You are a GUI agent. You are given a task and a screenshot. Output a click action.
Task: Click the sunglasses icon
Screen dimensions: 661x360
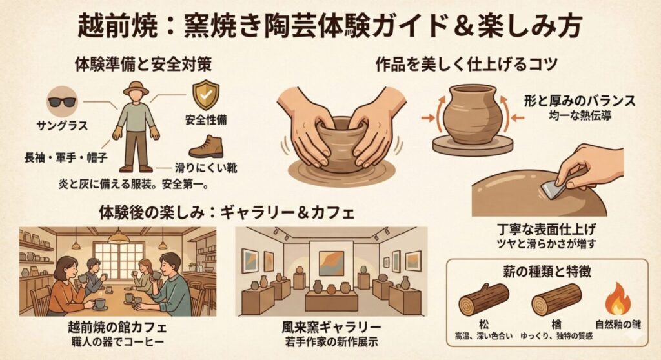coord(63,102)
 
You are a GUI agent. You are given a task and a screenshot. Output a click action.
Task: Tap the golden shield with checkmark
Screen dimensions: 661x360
coord(206,95)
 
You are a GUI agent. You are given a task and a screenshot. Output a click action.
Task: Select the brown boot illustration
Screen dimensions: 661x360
coord(206,147)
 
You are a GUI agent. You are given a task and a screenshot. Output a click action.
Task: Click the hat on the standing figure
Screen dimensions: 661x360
coord(136,88)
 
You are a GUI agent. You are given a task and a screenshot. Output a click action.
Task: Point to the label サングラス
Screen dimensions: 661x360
coord(63,125)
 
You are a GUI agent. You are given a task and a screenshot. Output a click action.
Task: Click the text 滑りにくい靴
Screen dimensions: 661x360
coord(206,168)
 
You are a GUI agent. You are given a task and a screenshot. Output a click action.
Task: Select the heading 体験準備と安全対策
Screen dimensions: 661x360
coord(143,65)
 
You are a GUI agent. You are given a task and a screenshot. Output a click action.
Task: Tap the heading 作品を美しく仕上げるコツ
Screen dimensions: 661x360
coord(467,65)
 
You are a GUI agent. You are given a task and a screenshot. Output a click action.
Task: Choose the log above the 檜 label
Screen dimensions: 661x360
coord(556,300)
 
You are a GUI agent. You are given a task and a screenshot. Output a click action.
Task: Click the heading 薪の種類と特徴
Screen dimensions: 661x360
coord(547,272)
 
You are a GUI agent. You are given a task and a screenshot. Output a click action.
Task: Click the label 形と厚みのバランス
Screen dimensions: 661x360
coord(580,101)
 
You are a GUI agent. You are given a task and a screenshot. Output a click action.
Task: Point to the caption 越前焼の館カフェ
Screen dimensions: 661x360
coord(117,326)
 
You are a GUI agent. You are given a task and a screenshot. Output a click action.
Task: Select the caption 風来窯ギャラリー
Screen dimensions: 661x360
coord(331,326)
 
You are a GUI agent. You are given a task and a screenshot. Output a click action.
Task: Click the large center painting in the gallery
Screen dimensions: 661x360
coord(331,263)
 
